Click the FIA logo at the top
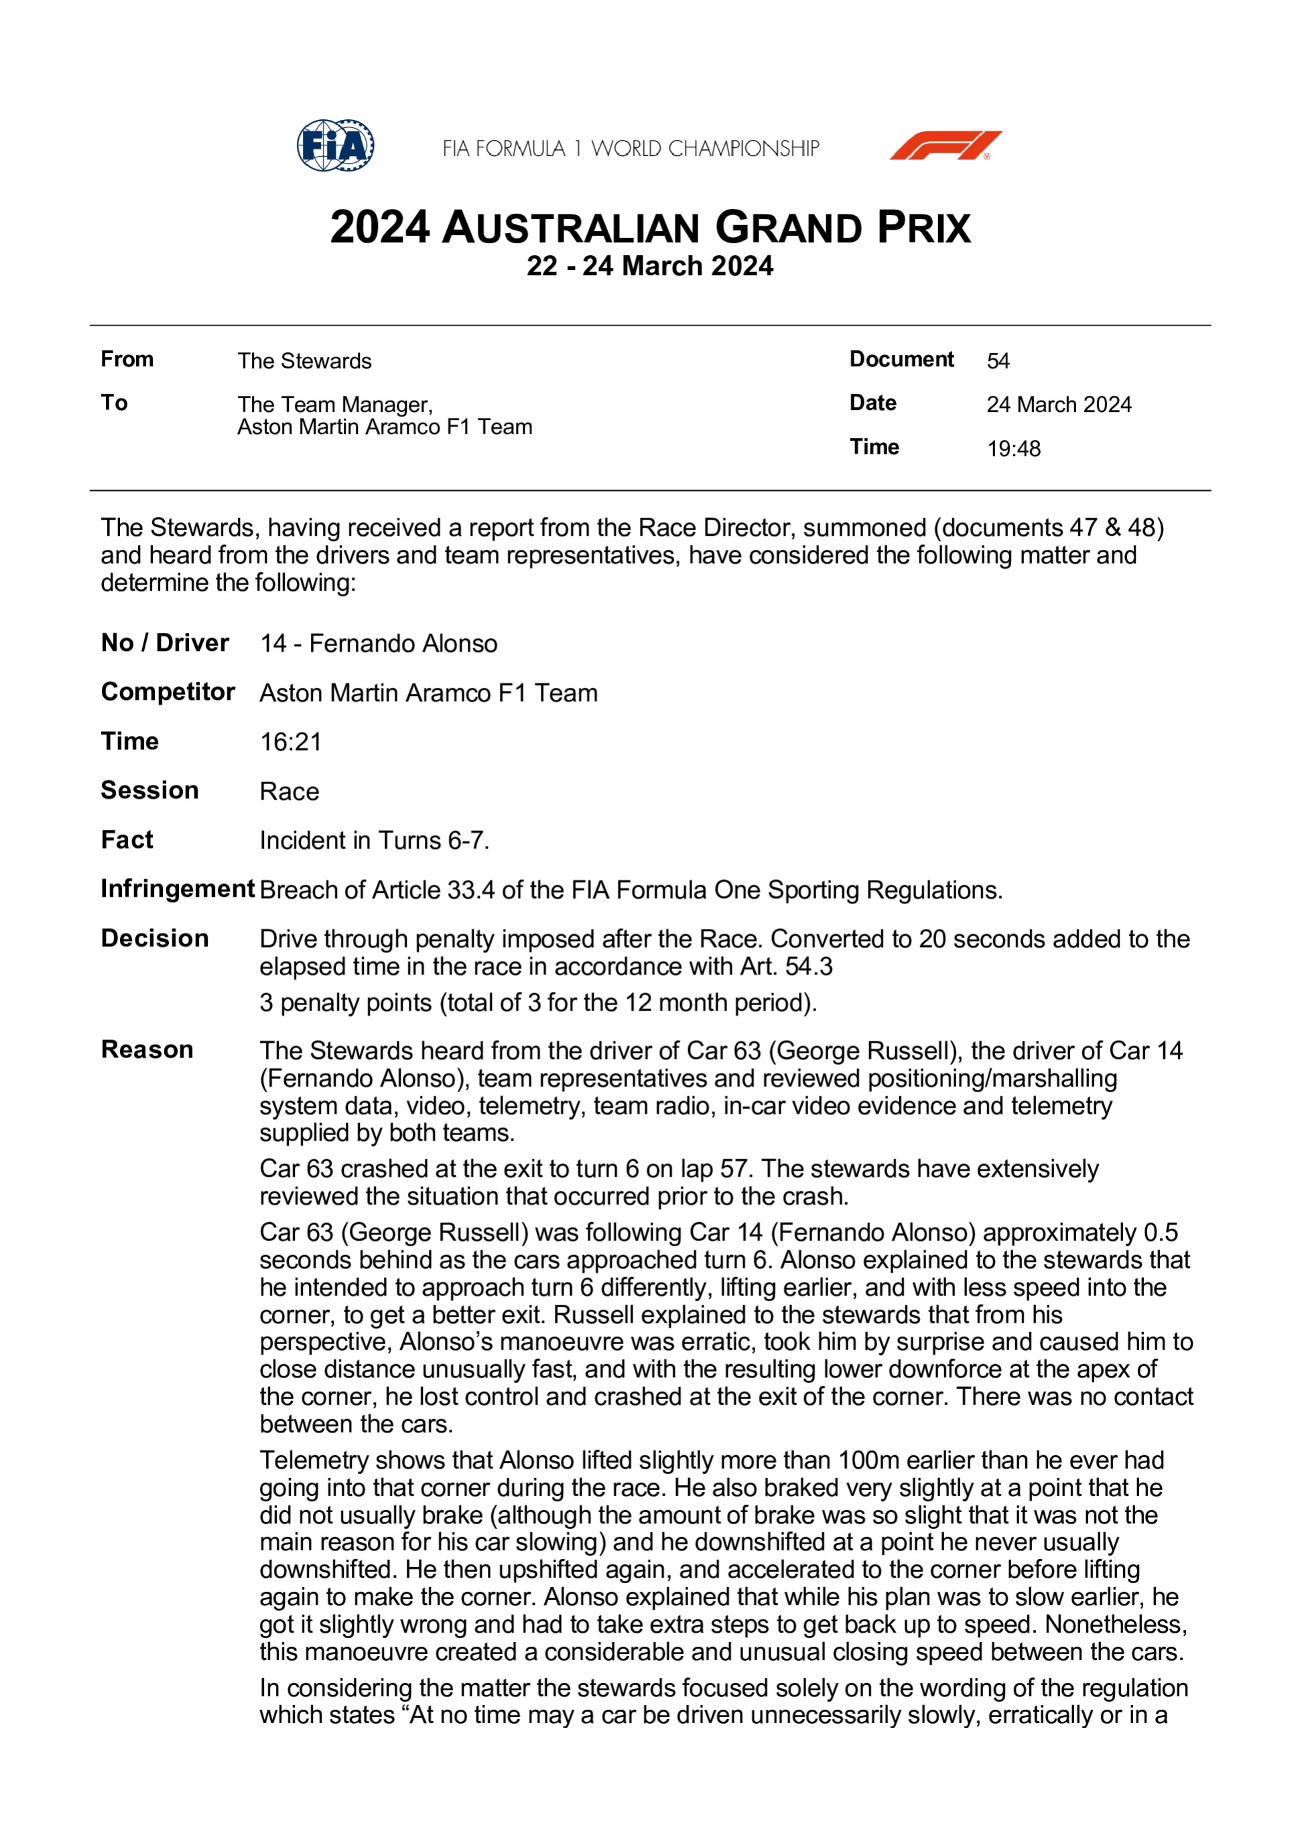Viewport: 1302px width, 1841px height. coord(335,146)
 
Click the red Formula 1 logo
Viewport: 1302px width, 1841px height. coord(945,146)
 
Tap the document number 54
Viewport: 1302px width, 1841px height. coord(998,361)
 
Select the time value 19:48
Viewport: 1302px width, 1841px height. coord(1013,448)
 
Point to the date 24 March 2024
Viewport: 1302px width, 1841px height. coord(1058,404)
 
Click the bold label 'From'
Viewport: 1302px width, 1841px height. coord(127,359)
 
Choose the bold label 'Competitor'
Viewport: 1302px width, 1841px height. coord(168,691)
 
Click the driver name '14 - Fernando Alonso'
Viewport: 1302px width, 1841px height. coord(378,643)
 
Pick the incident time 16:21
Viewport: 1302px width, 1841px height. coord(290,742)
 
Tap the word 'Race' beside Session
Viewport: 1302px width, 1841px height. coord(289,792)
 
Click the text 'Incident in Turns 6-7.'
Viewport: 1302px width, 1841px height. coord(374,840)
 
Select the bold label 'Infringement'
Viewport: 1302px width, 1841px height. coord(178,889)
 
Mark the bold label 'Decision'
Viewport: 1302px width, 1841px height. coord(155,938)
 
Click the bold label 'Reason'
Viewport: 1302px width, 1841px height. coord(147,1049)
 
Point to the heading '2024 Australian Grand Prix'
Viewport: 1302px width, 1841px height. coord(650,228)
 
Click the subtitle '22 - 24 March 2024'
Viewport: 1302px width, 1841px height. coord(650,267)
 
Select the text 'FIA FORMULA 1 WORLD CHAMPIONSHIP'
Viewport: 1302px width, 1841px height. coord(631,149)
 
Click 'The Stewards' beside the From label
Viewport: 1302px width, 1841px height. coord(304,361)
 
